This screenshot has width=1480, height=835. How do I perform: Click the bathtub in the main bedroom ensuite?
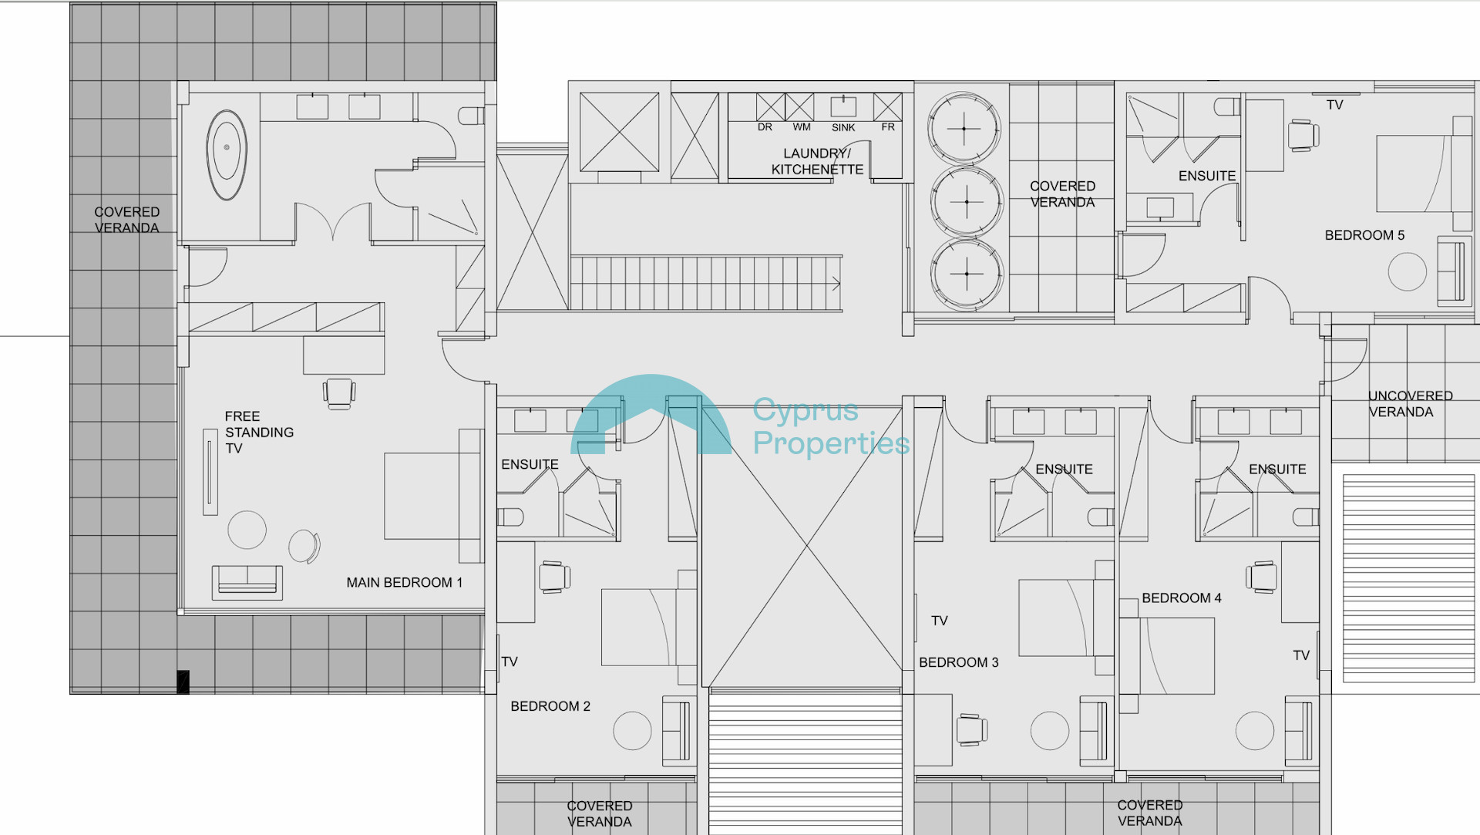point(227,154)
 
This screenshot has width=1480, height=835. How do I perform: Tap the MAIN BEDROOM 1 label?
point(405,583)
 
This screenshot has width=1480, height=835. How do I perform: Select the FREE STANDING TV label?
point(259,433)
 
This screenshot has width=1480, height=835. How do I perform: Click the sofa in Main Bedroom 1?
point(247,582)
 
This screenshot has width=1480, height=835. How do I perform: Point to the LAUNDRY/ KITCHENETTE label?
point(817,161)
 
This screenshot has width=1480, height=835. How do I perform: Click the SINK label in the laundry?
point(843,128)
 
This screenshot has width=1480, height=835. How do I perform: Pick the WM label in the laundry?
point(802,127)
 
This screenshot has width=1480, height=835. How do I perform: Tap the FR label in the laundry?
point(888,127)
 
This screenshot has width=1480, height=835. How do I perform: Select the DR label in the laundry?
point(765,127)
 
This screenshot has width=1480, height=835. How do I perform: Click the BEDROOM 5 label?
point(1364,235)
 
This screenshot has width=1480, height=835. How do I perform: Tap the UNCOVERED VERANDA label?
point(1410,404)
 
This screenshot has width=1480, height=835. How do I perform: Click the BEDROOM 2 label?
point(550,706)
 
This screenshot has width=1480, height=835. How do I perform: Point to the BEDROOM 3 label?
point(958,662)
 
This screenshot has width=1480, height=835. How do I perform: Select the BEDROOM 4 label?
point(1182,598)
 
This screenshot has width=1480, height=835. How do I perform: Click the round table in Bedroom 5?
point(1407,271)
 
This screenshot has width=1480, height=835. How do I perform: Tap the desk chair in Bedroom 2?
point(554,577)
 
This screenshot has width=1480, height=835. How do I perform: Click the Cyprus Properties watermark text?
point(831,426)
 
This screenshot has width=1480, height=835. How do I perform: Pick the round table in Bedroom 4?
point(1254,730)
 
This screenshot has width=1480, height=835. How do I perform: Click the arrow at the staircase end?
point(836,284)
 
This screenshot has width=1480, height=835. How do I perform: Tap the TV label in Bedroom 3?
point(939,621)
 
